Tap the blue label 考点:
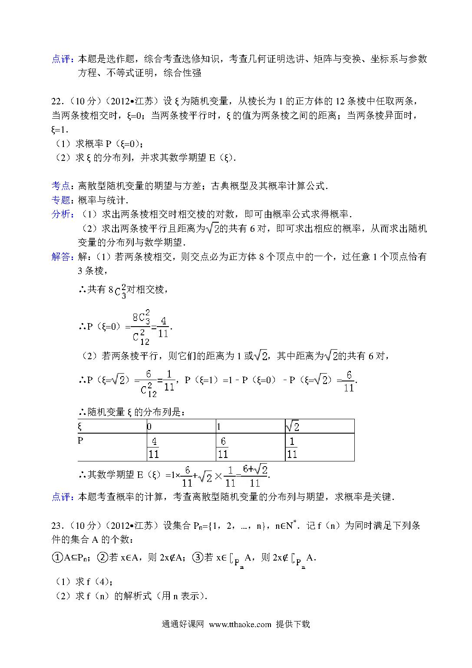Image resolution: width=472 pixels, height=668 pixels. tap(62, 186)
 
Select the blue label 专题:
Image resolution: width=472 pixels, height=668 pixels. tap(62, 200)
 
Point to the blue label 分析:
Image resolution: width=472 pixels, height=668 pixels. tap(62, 214)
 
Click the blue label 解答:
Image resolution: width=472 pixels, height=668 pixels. tap(62, 257)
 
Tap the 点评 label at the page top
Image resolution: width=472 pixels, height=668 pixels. tap(62, 59)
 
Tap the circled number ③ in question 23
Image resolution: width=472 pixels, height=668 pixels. tap(197, 557)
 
